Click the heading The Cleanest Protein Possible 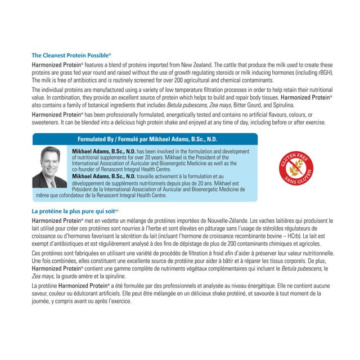(x=71, y=56)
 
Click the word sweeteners (x=48, y=122)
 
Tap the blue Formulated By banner (x=145, y=139)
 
